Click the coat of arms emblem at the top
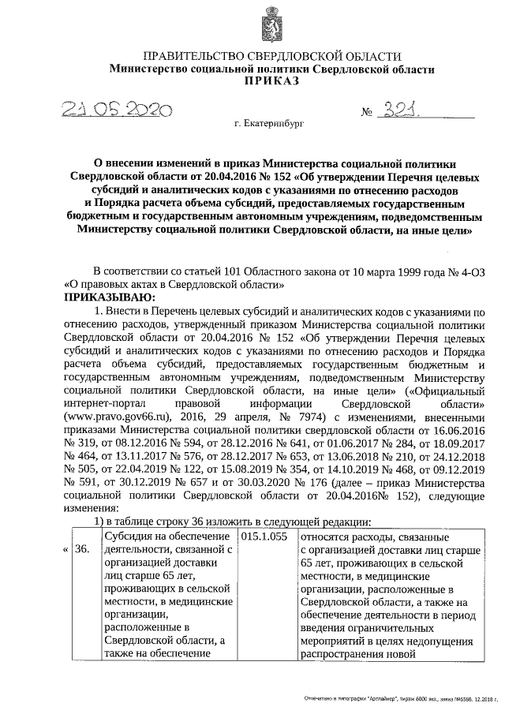(271, 24)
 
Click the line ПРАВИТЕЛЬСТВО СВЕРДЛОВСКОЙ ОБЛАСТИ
(271, 57)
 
